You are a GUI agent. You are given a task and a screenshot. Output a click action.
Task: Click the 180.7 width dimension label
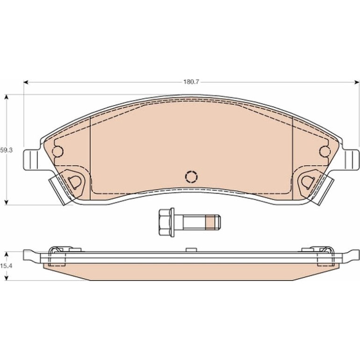(x=191, y=82)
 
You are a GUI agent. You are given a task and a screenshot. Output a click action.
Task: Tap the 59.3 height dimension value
(x=7, y=151)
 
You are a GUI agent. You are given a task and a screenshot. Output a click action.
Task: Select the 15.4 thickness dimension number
(x=7, y=266)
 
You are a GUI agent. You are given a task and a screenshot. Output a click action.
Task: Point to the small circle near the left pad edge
(x=58, y=151)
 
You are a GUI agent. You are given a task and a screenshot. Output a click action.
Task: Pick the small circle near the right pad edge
(x=324, y=151)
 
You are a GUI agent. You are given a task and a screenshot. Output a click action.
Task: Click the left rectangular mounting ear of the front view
(x=31, y=160)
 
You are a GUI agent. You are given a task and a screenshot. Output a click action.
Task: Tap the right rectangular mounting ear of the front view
(x=351, y=160)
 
